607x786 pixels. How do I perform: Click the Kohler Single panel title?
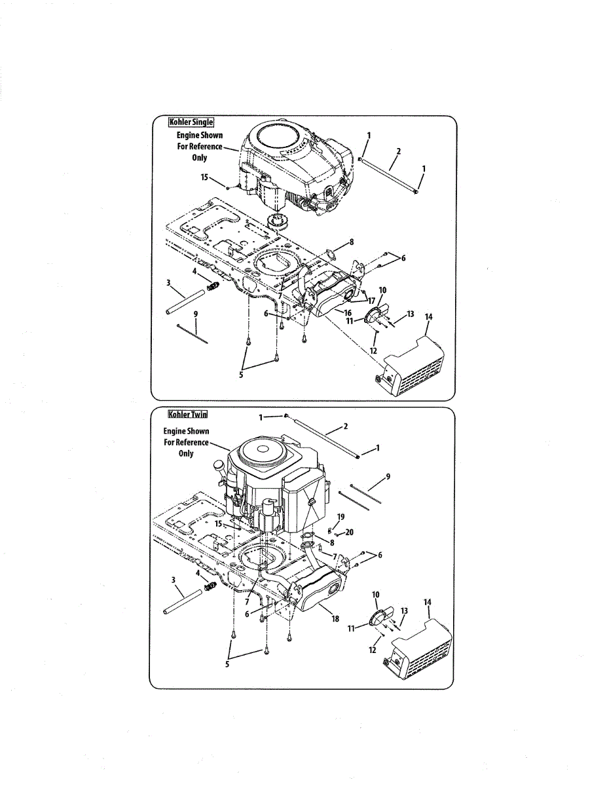[191, 122]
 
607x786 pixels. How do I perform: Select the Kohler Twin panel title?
[188, 414]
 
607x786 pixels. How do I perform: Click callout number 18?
[335, 618]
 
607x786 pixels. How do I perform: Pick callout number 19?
[340, 517]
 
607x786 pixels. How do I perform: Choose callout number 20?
[349, 533]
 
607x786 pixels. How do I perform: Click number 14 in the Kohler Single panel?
[428, 316]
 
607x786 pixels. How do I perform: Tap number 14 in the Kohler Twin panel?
[428, 601]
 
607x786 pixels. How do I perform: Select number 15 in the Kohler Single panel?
[205, 177]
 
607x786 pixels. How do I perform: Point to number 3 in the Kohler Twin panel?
[174, 580]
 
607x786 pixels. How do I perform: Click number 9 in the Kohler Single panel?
[195, 314]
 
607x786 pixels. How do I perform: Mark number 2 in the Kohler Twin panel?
[345, 426]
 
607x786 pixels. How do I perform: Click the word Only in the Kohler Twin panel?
[186, 453]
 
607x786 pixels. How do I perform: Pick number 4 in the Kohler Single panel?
[194, 271]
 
